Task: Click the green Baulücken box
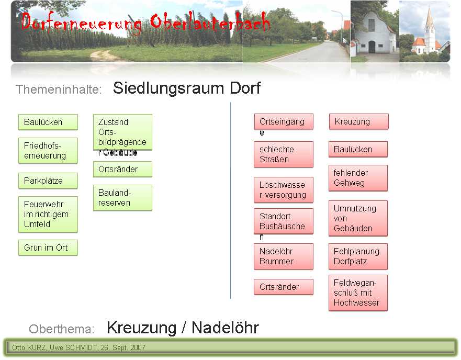point(48,122)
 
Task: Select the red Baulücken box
point(358,149)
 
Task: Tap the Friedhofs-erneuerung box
point(48,151)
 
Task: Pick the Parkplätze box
point(48,181)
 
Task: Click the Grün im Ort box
point(48,248)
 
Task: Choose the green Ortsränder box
point(122,169)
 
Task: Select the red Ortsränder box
point(284,287)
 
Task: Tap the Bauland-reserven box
point(122,198)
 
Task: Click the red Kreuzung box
point(358,121)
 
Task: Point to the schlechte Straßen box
point(284,154)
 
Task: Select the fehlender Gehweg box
point(358,178)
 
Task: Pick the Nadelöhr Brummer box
point(284,256)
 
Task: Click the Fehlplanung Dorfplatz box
point(358,256)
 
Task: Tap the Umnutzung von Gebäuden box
point(358,219)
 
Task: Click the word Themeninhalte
point(59,89)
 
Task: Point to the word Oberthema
point(61,329)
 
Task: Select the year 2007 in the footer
point(138,347)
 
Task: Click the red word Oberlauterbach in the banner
point(210,22)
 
